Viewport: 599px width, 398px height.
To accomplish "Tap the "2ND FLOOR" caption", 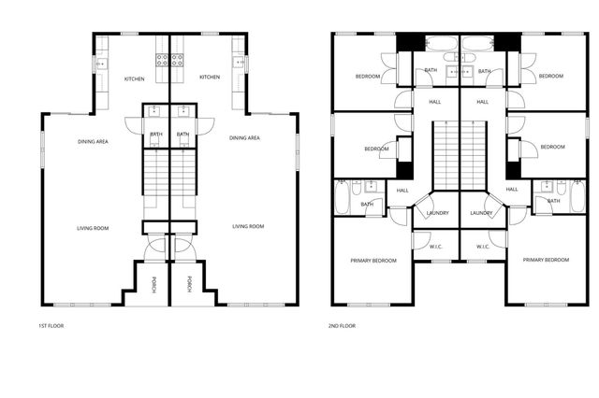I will click(342, 326).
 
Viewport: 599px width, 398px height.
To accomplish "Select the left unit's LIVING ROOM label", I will click(93, 227).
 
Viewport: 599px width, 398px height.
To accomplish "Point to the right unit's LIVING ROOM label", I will click(248, 226).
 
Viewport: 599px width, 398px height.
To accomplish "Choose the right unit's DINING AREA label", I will click(244, 137).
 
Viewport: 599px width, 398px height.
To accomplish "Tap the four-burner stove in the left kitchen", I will click(161, 62).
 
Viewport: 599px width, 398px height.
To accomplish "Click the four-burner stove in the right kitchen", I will click(176, 62).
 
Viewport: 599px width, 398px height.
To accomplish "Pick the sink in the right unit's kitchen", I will click(240, 64).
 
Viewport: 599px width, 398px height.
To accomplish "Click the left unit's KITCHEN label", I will click(134, 78).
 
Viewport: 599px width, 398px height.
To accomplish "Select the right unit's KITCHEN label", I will click(210, 78).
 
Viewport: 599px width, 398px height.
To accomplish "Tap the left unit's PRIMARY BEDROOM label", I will click(373, 260).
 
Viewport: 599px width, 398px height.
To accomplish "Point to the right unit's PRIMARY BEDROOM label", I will click(546, 260).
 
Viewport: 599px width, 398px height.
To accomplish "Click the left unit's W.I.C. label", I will click(436, 247).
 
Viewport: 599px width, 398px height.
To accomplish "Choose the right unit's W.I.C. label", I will click(483, 247).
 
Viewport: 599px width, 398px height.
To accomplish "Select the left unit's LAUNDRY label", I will click(437, 213).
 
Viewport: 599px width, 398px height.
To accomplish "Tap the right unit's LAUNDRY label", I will click(482, 213).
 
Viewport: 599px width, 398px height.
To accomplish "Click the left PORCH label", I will click(155, 283).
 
